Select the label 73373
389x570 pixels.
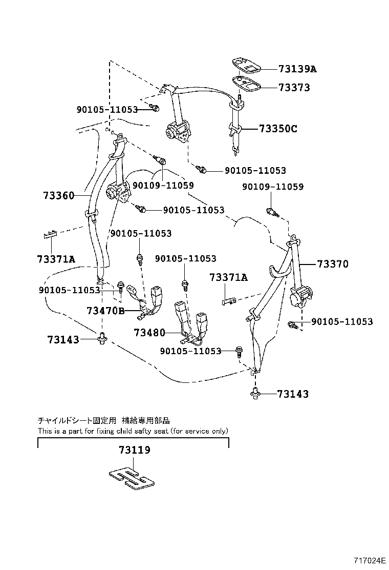click(x=294, y=88)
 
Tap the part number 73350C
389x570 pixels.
click(x=277, y=129)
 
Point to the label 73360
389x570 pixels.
click(x=59, y=195)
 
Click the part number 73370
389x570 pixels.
click(x=332, y=264)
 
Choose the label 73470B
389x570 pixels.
click(x=105, y=311)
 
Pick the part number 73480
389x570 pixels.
click(x=149, y=333)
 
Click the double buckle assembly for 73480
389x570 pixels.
click(x=190, y=320)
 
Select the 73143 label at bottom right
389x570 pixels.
click(x=293, y=394)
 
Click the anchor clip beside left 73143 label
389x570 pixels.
click(x=102, y=338)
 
